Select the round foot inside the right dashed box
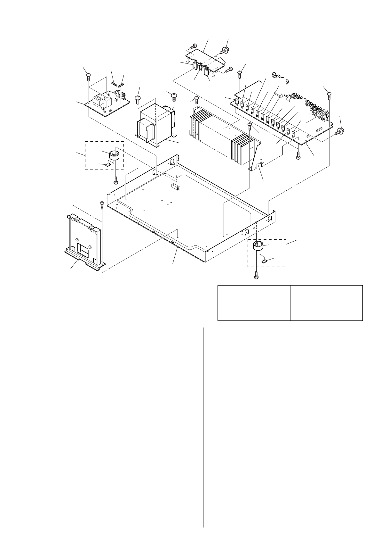pos(258,246)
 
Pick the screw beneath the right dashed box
pos(256,274)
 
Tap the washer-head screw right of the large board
pos(338,131)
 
